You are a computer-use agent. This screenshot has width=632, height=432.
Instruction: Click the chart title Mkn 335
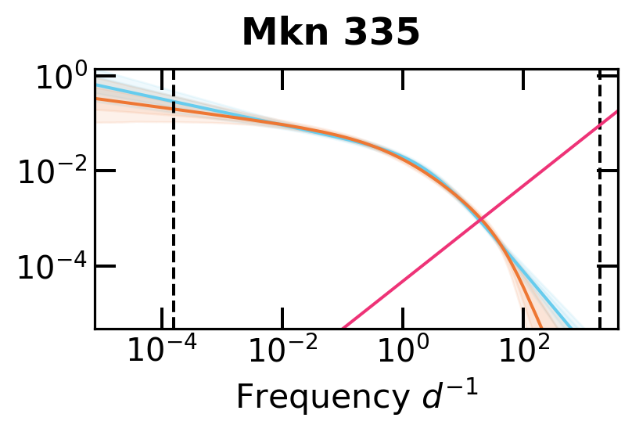(331, 33)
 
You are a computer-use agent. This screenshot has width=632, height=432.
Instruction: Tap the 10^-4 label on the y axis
(48, 267)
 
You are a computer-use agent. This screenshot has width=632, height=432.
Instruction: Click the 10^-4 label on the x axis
(161, 351)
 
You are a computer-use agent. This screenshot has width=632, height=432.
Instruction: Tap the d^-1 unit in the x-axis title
(450, 395)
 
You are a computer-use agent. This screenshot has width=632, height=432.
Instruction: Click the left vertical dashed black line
(173, 235)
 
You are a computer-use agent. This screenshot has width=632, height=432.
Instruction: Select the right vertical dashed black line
(600, 235)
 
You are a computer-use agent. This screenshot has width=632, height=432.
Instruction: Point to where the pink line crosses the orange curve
(483, 219)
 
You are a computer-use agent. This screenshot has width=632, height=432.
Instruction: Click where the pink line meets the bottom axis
(343, 327)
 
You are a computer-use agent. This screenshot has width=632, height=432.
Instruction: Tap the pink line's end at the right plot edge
(617, 111)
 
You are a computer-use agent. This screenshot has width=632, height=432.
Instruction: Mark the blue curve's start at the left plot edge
(96, 83)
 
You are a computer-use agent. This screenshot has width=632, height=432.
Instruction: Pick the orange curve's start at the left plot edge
(96, 98)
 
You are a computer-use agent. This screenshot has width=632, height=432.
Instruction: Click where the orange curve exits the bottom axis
(540, 327)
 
